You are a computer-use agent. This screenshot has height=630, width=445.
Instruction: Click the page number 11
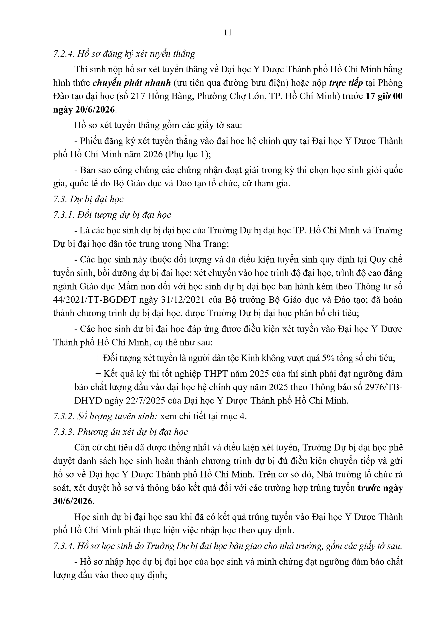coord(228,33)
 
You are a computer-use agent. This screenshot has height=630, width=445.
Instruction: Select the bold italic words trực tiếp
coord(346,83)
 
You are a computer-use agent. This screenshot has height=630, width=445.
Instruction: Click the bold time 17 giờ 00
coord(384,97)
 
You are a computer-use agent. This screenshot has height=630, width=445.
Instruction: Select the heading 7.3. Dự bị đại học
coord(88,199)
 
